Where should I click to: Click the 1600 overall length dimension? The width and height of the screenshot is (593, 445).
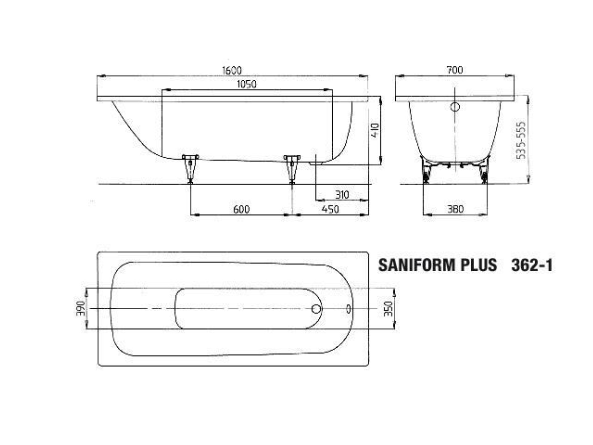click(232, 70)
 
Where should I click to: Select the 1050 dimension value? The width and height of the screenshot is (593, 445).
click(247, 84)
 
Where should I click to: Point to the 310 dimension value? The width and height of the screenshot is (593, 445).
click(342, 195)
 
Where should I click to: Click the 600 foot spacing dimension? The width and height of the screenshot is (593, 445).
click(241, 209)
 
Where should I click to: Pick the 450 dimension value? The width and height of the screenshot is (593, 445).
click(330, 209)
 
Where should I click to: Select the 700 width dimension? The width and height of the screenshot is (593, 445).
click(455, 70)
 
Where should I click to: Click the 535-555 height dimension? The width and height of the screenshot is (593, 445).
click(521, 141)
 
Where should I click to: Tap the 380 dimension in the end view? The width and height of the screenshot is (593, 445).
click(456, 209)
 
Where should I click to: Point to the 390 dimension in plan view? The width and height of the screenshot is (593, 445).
click(80, 309)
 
